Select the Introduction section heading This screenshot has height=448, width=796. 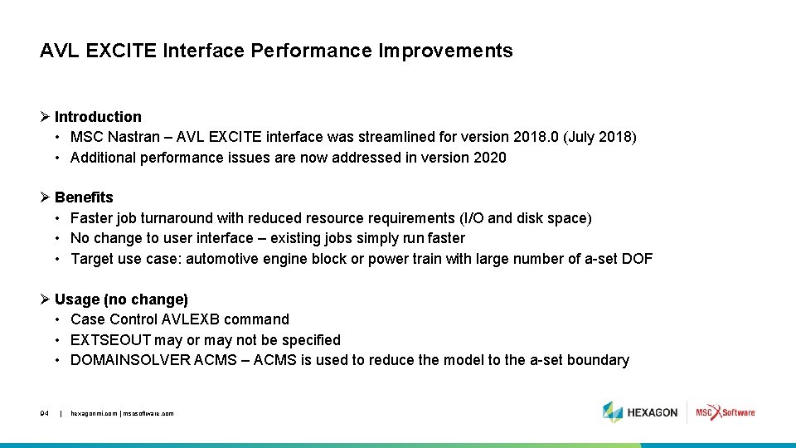click(98, 117)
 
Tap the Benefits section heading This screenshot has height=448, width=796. click(84, 197)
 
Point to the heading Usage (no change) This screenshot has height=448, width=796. click(121, 299)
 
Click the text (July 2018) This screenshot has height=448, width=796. click(599, 137)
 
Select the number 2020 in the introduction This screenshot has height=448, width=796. click(489, 158)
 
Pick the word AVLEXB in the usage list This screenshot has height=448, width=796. click(204, 319)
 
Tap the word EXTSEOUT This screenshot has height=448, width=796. click(111, 340)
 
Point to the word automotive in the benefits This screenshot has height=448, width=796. click(222, 259)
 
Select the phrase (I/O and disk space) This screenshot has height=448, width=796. click(526, 218)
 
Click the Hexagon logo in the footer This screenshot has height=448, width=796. click(640, 412)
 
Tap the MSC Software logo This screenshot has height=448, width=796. click(726, 412)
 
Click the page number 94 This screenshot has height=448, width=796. click(45, 412)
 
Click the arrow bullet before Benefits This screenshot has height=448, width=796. click(46, 197)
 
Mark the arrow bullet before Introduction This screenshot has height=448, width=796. click(46, 117)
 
